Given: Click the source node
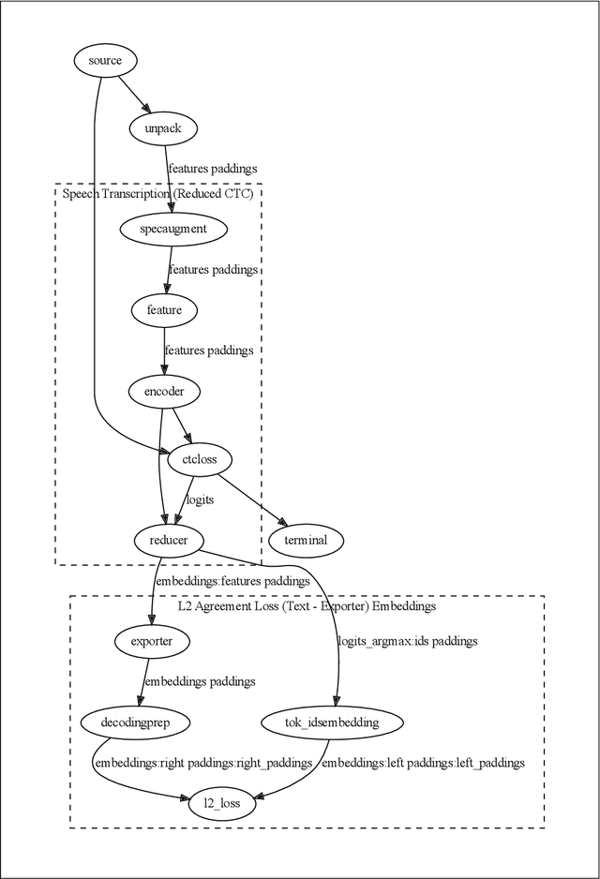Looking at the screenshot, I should click(x=105, y=61).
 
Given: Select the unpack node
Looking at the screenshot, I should click(x=162, y=127).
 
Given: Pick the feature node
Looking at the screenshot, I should click(x=164, y=309).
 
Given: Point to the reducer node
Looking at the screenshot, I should click(x=168, y=540).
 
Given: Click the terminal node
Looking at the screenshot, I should click(x=306, y=540).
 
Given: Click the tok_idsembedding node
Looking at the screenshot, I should click(x=331, y=723).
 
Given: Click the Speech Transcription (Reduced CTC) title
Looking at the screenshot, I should click(x=157, y=194).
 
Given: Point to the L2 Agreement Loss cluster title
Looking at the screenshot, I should click(x=307, y=606).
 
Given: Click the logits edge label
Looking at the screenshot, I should click(x=200, y=499).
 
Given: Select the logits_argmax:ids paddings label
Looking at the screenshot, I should click(x=407, y=641).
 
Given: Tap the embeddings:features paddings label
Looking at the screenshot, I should click(x=232, y=581).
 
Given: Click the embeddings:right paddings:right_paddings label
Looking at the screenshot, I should click(x=203, y=763).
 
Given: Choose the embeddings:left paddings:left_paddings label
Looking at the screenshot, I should click(x=423, y=763).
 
